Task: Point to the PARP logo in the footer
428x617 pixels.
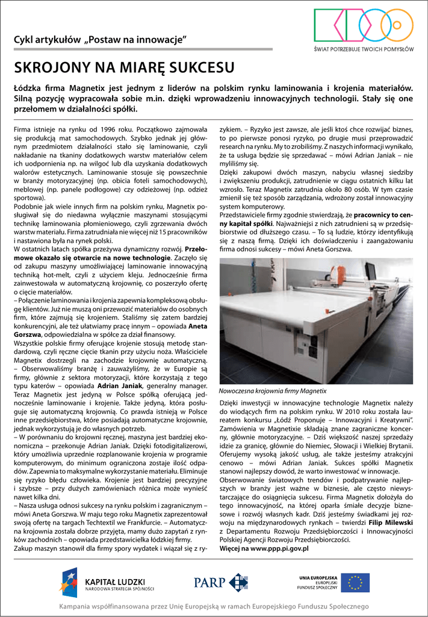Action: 220,582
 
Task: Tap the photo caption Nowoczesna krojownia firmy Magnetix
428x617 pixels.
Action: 273,390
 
